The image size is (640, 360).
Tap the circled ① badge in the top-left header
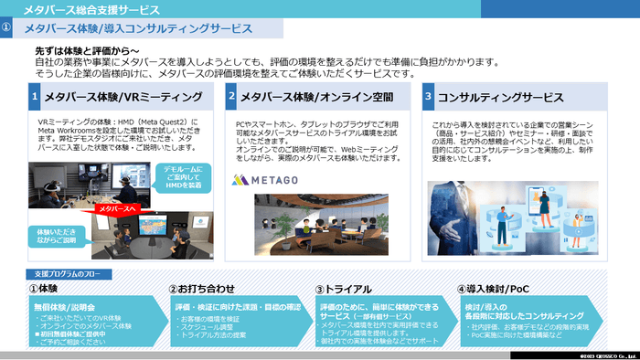7,28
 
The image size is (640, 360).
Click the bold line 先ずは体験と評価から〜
87,50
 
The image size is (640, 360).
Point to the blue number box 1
35,96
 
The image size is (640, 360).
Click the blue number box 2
232,96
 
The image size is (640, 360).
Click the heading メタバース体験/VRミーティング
123,96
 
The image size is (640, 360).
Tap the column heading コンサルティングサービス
501,96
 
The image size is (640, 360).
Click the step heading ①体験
46,290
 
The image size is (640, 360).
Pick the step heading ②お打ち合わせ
202,290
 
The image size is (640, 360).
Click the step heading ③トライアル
344,290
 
